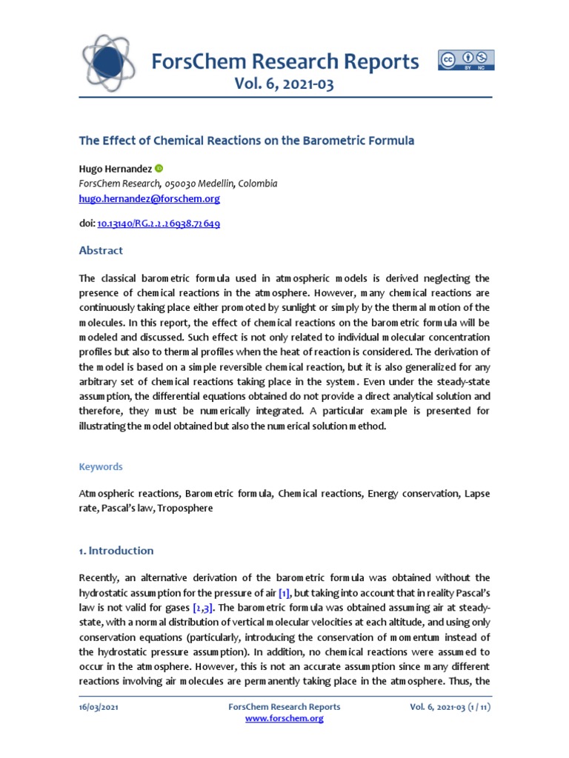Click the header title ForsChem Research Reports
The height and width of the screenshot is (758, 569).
click(x=284, y=61)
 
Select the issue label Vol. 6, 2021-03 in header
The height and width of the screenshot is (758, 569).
click(x=284, y=84)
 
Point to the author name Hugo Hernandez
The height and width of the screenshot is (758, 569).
click(x=115, y=169)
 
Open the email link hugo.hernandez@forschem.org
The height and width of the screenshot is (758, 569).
click(x=149, y=199)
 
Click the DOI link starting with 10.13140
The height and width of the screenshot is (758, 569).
click(x=158, y=223)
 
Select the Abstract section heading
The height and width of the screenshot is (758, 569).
click(x=101, y=250)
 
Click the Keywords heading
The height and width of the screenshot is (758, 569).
click(x=101, y=467)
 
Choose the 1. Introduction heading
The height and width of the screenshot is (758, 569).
click(x=116, y=551)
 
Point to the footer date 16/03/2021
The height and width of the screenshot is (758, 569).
click(x=99, y=707)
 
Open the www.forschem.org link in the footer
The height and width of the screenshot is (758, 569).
click(x=284, y=718)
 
